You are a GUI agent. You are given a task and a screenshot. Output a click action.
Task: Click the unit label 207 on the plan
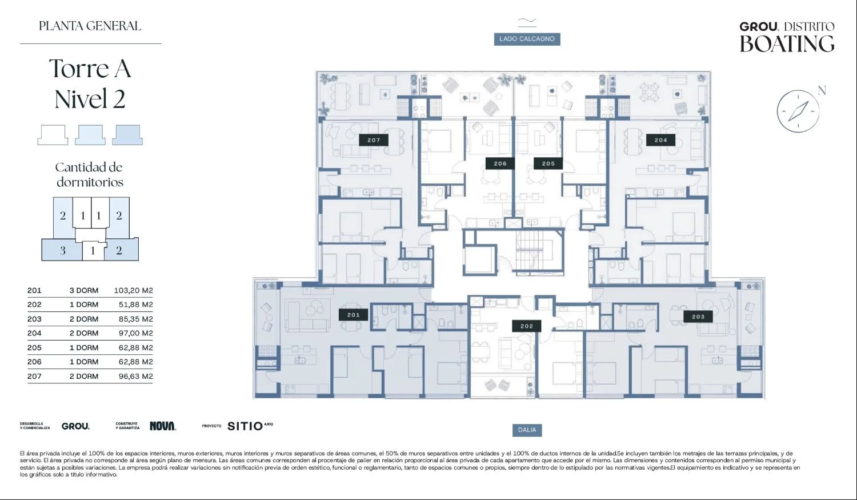374,140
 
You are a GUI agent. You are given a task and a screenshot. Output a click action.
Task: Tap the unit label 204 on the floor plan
660,140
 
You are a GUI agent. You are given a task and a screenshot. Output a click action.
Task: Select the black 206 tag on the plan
500,163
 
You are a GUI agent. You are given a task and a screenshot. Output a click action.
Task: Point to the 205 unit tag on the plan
548,163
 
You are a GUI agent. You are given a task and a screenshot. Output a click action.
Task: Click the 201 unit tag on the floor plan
353,315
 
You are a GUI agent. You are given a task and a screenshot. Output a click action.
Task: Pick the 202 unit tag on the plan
526,326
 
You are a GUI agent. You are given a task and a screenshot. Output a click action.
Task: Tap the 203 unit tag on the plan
698,317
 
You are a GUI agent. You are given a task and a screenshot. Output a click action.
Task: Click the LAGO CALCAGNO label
527,39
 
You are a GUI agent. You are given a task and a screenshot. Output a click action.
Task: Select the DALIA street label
527,430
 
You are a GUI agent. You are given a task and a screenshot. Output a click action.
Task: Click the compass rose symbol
798,111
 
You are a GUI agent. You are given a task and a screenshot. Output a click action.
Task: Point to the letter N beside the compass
822,91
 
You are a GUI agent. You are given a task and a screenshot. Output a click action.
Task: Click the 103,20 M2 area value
134,290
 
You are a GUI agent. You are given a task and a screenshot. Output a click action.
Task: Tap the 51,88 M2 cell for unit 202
136,305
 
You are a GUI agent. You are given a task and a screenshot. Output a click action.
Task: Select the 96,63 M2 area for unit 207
136,376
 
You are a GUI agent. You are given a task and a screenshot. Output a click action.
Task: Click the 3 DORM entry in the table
84,290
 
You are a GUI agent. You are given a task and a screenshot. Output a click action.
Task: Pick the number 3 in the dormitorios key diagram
63,251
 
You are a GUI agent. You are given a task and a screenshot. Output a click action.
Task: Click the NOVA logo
163,426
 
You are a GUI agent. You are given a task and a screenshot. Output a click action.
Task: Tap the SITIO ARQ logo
250,426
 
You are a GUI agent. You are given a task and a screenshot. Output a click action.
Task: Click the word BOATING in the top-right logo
787,44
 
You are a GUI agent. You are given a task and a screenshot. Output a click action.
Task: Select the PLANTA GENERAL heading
90,26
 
